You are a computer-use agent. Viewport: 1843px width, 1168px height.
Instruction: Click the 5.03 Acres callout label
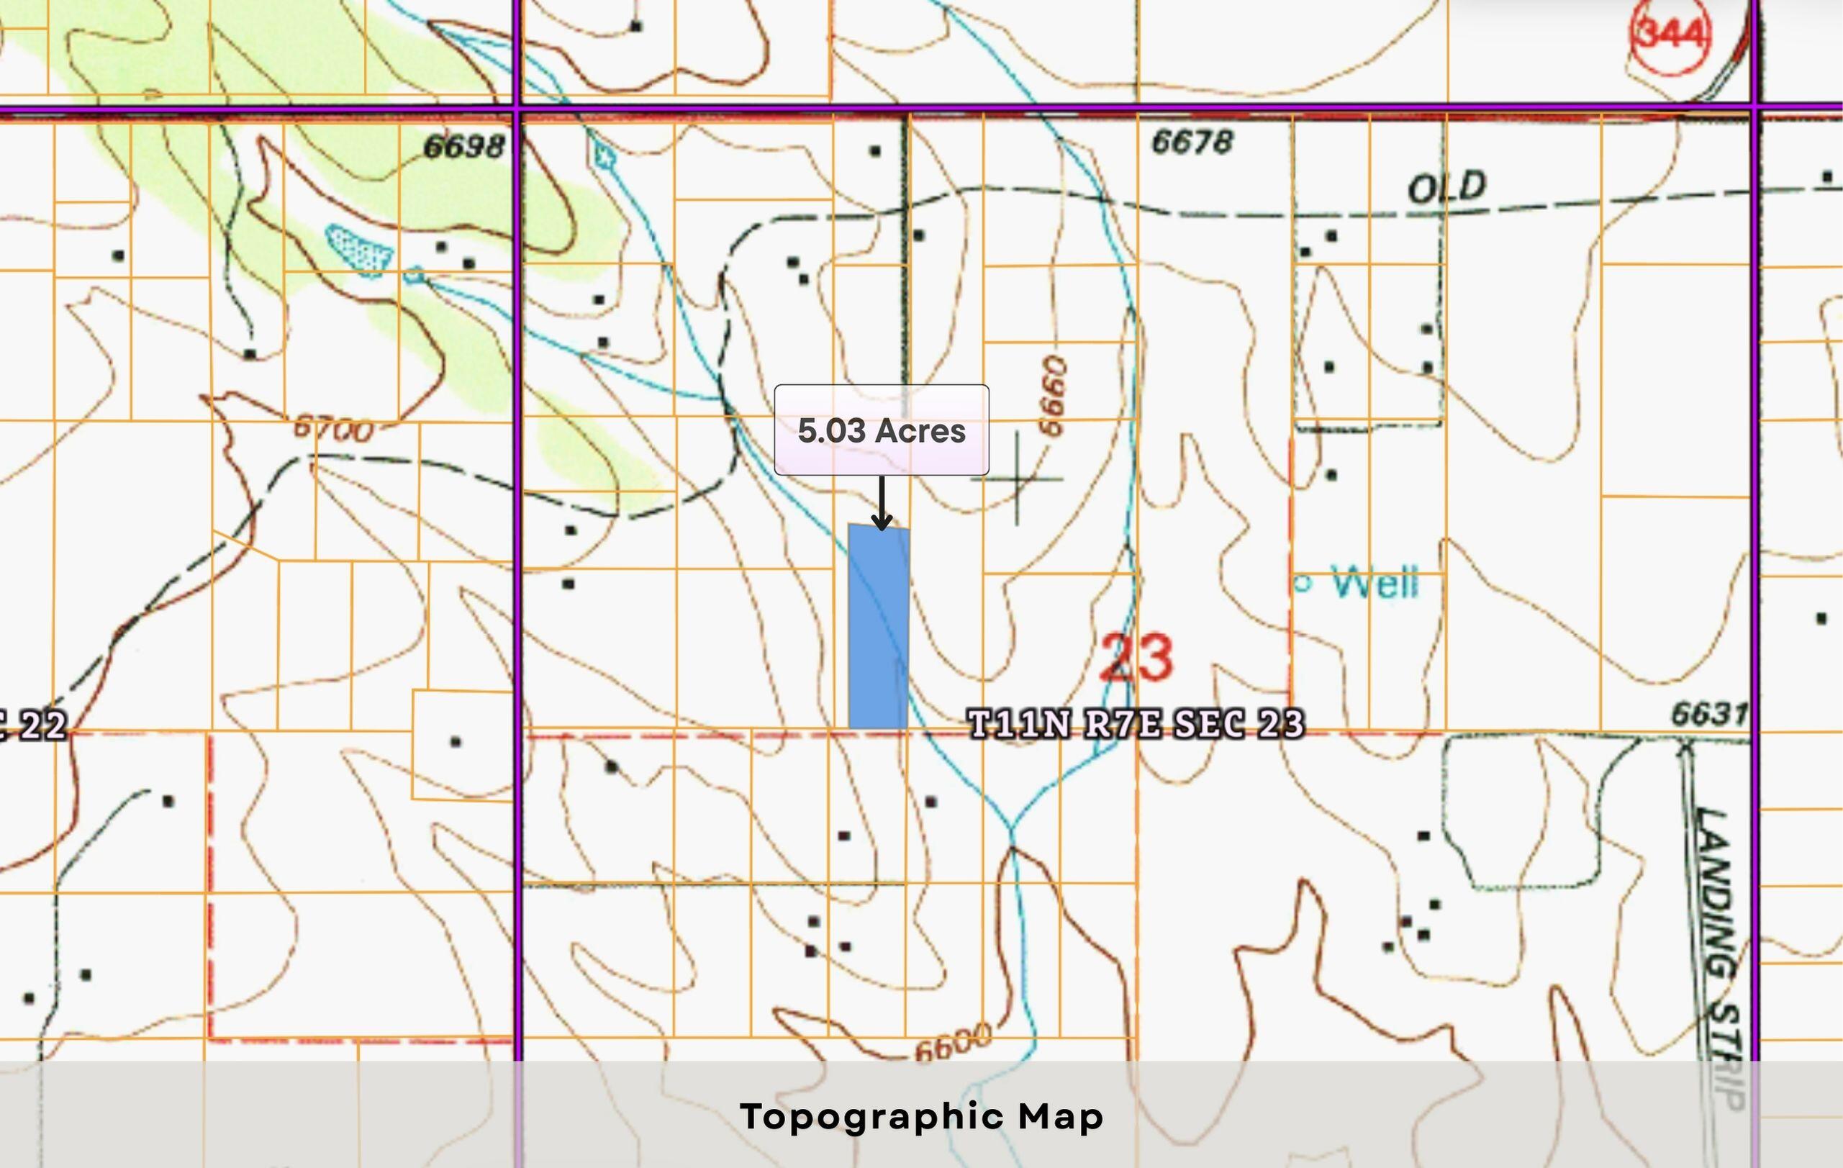point(881,430)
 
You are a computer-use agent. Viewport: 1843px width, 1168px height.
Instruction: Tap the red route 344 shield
point(1670,35)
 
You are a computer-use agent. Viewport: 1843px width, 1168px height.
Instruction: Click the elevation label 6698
point(465,146)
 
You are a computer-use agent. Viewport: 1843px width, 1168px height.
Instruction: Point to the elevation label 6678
point(1192,142)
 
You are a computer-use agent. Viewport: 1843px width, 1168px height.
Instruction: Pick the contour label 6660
point(1053,396)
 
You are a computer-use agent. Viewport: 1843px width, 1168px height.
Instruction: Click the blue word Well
point(1375,583)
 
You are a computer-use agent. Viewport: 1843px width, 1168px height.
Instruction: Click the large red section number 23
point(1136,658)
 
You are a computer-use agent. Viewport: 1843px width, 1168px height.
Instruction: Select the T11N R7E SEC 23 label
point(1136,724)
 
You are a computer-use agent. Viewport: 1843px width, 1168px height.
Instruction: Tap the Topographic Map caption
point(921,1116)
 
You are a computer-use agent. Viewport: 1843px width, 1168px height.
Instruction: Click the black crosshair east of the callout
point(1016,479)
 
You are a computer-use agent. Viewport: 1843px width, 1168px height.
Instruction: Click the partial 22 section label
point(35,725)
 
